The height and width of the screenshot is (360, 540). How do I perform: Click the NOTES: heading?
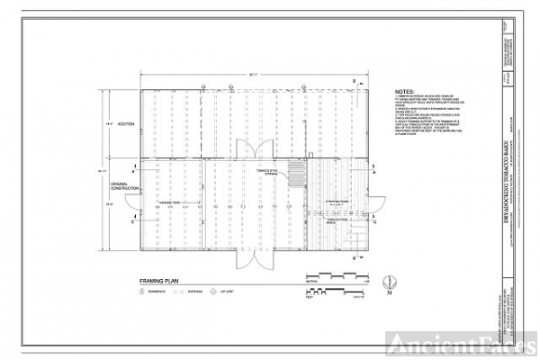tap(404, 92)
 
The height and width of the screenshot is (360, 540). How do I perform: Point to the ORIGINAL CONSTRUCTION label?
tap(124, 184)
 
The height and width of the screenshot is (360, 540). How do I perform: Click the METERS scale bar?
tap(337, 275)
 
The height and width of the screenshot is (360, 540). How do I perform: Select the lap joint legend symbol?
tap(211, 292)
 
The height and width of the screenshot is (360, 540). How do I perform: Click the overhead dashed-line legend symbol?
tap(177, 292)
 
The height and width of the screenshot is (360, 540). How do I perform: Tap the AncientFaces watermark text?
tap(458, 341)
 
